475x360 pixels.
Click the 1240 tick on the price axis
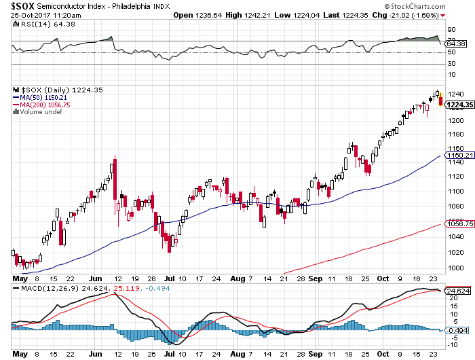[455, 94]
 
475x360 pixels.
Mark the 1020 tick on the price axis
[455, 252]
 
